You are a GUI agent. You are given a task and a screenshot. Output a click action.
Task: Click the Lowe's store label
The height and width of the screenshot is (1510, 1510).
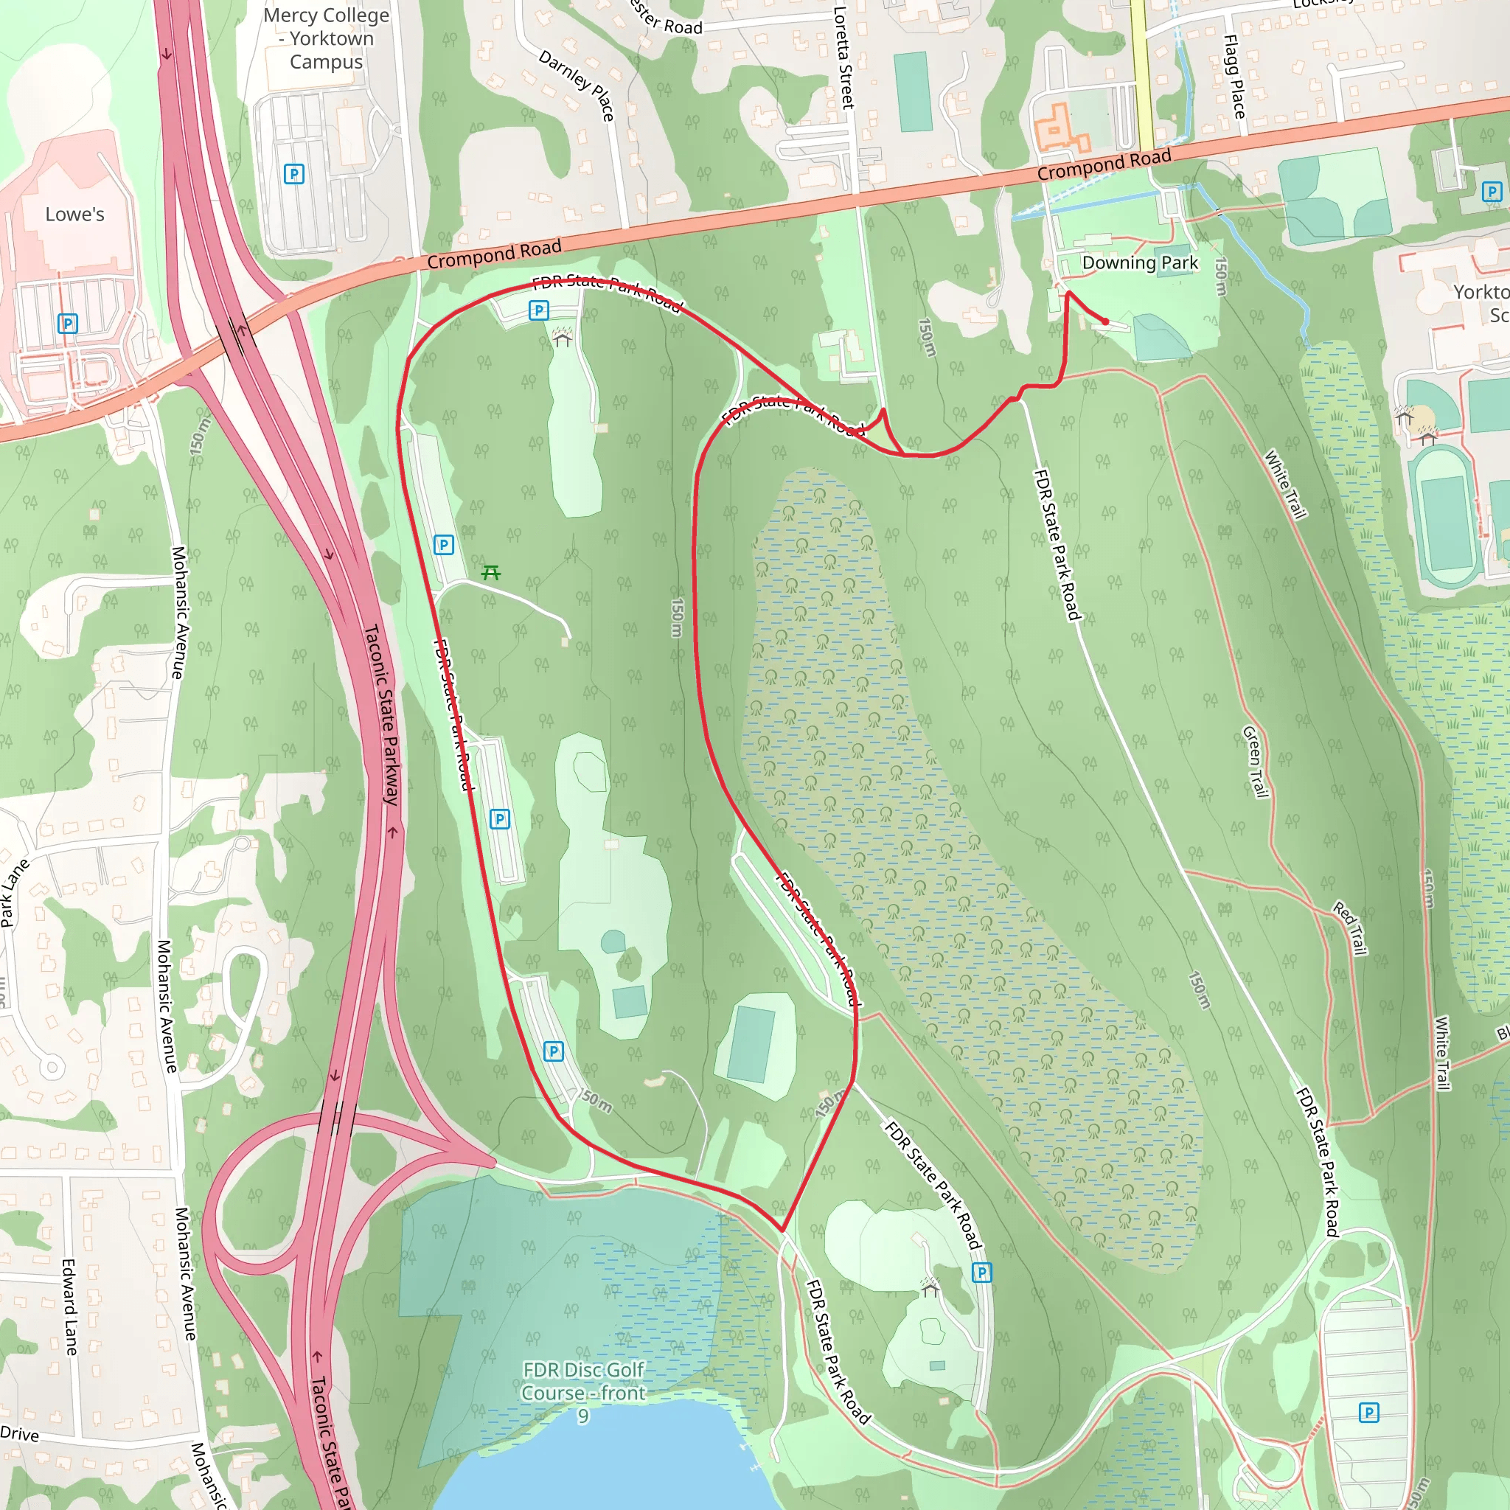[x=74, y=214]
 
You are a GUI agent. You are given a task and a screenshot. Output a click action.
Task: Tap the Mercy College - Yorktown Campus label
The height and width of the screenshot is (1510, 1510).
[x=327, y=38]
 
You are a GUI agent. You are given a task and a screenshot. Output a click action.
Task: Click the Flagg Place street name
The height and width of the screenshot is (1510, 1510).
[x=1234, y=77]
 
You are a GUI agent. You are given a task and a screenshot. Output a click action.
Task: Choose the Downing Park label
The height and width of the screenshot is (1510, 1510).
[x=1140, y=262]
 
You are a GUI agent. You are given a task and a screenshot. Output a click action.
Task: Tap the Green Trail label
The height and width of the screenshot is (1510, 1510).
[x=1254, y=762]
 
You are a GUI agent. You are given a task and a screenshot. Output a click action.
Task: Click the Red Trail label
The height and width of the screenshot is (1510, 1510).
[x=1350, y=928]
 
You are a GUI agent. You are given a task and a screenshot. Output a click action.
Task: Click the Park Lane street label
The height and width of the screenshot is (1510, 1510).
[x=14, y=893]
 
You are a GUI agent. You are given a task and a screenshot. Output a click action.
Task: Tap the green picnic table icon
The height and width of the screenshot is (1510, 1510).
[x=491, y=573]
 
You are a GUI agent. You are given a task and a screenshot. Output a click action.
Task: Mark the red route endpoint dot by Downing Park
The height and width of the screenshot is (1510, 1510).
[x=1105, y=321]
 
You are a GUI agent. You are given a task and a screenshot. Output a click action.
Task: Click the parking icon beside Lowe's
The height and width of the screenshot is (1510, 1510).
[x=68, y=323]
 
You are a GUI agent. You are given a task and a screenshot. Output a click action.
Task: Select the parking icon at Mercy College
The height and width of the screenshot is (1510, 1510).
[x=294, y=173]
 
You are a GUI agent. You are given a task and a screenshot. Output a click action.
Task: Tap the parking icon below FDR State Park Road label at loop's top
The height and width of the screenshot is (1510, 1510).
[x=538, y=310]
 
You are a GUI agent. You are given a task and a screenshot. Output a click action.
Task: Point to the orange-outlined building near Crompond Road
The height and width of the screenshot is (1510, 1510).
[x=1059, y=129]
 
